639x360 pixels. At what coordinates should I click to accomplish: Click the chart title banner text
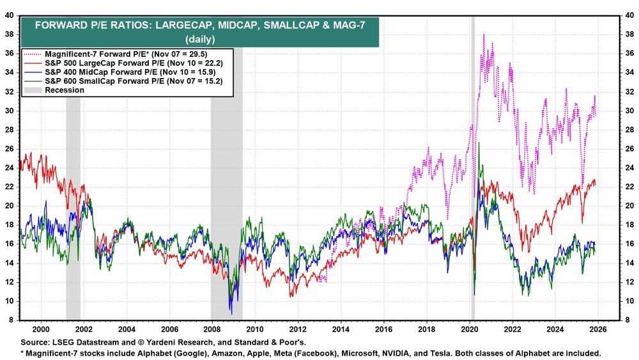tap(201, 31)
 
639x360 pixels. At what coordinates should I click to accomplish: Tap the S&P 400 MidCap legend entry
tap(102, 73)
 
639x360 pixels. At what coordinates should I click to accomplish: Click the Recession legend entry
tap(65, 90)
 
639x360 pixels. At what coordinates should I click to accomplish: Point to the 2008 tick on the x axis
tap(212, 328)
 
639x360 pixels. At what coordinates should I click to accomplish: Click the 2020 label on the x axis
tap(470, 328)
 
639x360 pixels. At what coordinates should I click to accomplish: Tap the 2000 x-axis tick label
tap(40, 328)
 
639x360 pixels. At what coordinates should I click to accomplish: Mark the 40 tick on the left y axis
tap(11, 15)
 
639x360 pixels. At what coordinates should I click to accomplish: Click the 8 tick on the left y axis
tap(13, 320)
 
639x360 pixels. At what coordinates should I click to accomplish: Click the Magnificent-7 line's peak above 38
tap(484, 35)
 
